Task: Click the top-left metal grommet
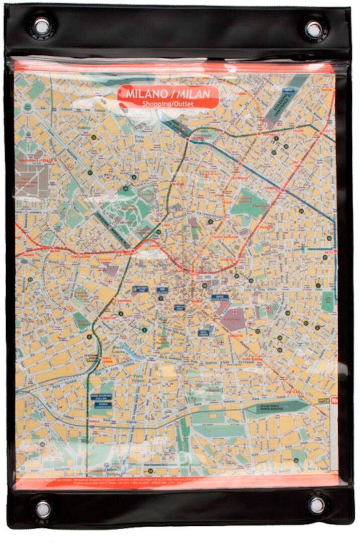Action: pyautogui.click(x=42, y=26)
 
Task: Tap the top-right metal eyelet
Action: pyautogui.click(x=314, y=29)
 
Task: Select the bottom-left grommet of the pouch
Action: pyautogui.click(x=43, y=508)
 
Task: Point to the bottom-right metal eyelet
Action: pyautogui.click(x=316, y=505)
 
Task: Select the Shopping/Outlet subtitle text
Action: pyautogui.click(x=168, y=104)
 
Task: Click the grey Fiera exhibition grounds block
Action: pyautogui.click(x=32, y=178)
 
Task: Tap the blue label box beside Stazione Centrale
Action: pyautogui.click(x=287, y=91)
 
